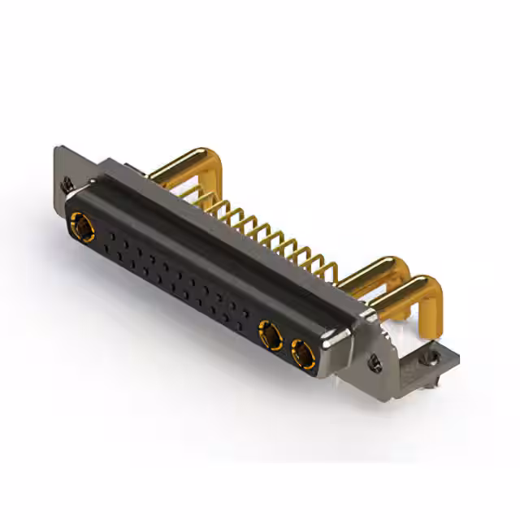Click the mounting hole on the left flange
coord(67,185)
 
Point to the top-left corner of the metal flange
coord(58,149)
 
